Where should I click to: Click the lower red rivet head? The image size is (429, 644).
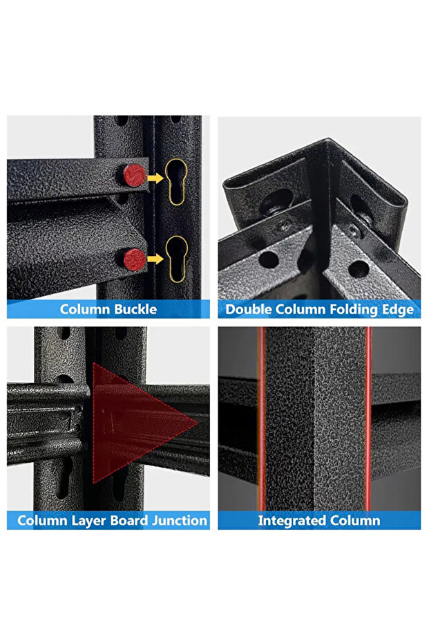135,259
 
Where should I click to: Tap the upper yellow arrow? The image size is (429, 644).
155,178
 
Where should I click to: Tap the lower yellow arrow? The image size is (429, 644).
155,259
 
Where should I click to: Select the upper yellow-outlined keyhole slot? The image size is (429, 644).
176,181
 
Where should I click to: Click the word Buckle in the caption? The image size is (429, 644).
136,309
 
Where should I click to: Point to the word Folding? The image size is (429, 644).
354,310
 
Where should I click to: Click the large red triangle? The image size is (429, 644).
131,423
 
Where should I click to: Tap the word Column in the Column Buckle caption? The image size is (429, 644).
85,309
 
